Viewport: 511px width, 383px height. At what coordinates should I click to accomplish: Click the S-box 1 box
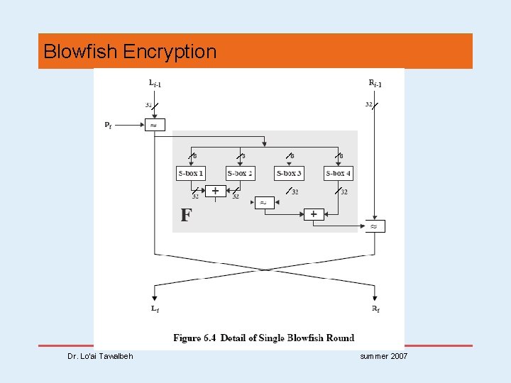[x=190, y=173]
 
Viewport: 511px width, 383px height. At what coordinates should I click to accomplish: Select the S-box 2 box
[x=240, y=173]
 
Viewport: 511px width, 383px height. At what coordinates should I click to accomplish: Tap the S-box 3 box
[x=289, y=173]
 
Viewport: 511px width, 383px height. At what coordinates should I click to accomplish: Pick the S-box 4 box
[x=338, y=173]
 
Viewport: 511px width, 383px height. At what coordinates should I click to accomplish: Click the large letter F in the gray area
[x=186, y=215]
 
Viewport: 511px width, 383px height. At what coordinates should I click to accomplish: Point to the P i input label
[x=108, y=126]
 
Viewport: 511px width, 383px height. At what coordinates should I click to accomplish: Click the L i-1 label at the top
[x=155, y=84]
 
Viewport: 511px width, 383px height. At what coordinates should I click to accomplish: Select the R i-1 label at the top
[x=375, y=84]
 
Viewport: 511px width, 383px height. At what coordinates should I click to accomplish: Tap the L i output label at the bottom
[x=155, y=309]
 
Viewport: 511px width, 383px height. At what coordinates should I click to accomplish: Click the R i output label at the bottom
[x=375, y=309]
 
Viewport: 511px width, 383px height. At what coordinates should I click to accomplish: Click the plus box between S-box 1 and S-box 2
[x=215, y=190]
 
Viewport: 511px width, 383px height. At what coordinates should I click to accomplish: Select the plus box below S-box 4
[x=313, y=213]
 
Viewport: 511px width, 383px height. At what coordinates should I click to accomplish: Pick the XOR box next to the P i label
[x=155, y=125]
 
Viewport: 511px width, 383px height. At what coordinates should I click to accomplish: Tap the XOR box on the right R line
[x=375, y=226]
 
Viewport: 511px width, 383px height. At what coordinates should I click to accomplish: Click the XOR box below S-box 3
[x=263, y=202]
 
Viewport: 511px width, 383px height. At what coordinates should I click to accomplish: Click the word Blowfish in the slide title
[x=80, y=52]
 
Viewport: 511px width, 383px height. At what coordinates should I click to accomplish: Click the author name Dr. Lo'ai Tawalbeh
[x=101, y=355]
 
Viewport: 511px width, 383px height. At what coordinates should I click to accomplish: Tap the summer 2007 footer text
[x=384, y=355]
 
